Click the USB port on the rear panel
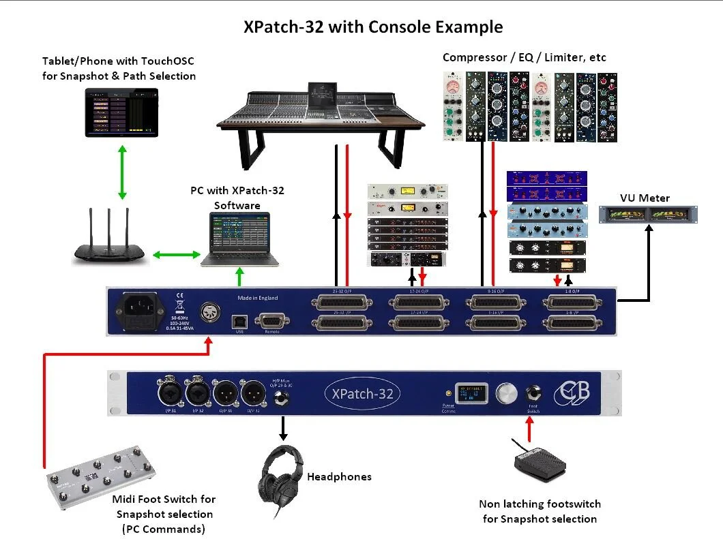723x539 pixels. tap(239, 320)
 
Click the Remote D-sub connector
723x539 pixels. tap(271, 321)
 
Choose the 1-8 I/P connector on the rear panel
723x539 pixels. tap(570, 324)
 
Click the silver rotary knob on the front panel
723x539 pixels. tap(506, 393)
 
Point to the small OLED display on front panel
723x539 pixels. tap(472, 394)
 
